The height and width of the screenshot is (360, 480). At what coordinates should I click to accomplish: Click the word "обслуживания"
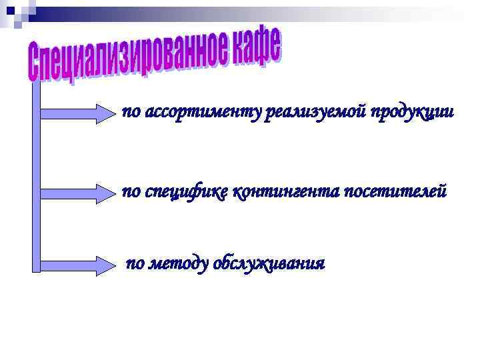click(269, 263)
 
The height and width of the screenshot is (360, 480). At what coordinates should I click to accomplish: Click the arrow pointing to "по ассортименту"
click(77, 113)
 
